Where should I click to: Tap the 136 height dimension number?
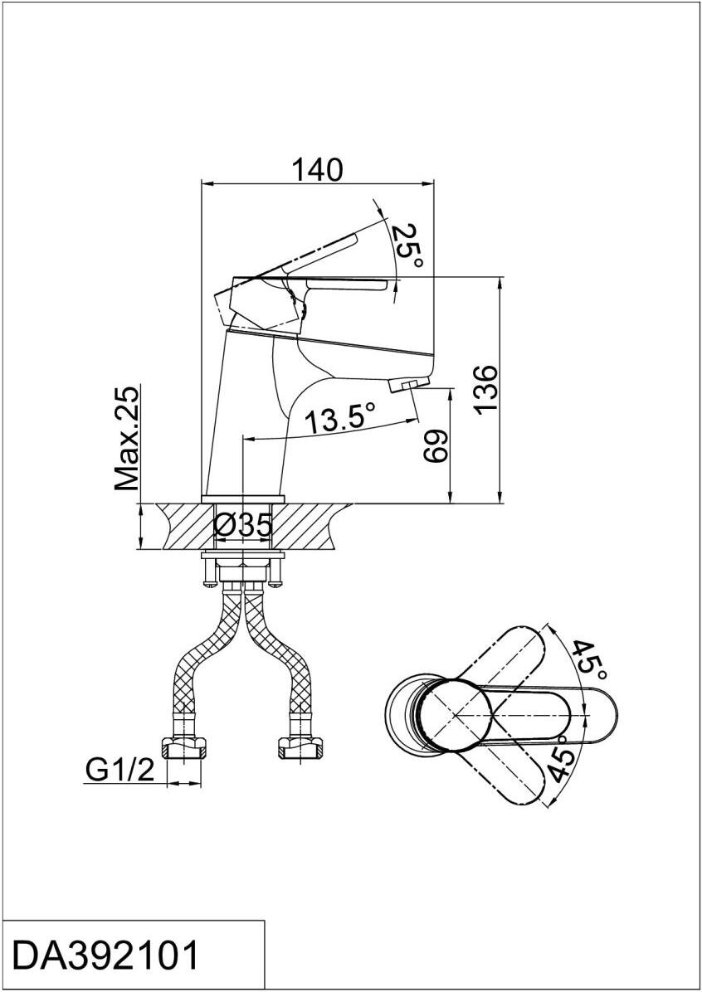[487, 388]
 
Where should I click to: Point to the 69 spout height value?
[436, 447]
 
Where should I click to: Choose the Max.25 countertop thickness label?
[127, 439]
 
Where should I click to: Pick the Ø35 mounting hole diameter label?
[244, 525]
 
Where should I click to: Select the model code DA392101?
[106, 955]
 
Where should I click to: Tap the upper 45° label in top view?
[589, 660]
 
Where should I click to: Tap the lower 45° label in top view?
[561, 762]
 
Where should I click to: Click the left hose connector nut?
[183, 747]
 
